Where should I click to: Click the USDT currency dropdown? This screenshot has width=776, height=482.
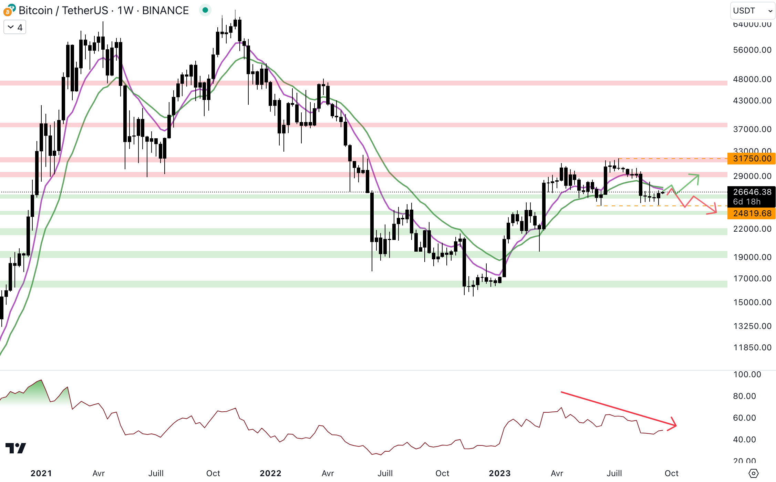[x=753, y=11]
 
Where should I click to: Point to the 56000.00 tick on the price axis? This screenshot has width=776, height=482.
[x=752, y=50]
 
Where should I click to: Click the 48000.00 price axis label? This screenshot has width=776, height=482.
[x=752, y=79]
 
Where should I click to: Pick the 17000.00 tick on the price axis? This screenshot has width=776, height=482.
[x=752, y=279]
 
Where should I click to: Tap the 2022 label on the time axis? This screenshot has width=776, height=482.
[x=270, y=473]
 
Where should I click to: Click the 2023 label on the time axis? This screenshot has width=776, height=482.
[x=499, y=473]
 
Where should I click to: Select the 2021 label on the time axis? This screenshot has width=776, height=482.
[x=41, y=473]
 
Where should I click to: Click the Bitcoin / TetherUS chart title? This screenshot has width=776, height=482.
[x=103, y=11]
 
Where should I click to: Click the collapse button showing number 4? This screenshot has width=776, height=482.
[x=15, y=27]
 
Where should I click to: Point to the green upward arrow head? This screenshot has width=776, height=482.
[x=697, y=176]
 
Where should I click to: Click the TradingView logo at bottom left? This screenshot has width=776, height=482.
[x=16, y=448]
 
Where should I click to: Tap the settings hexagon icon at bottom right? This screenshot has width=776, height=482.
[x=754, y=473]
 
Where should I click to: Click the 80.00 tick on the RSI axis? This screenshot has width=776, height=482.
[x=744, y=396]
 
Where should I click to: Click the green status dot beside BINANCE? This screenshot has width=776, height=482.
[x=205, y=10]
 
